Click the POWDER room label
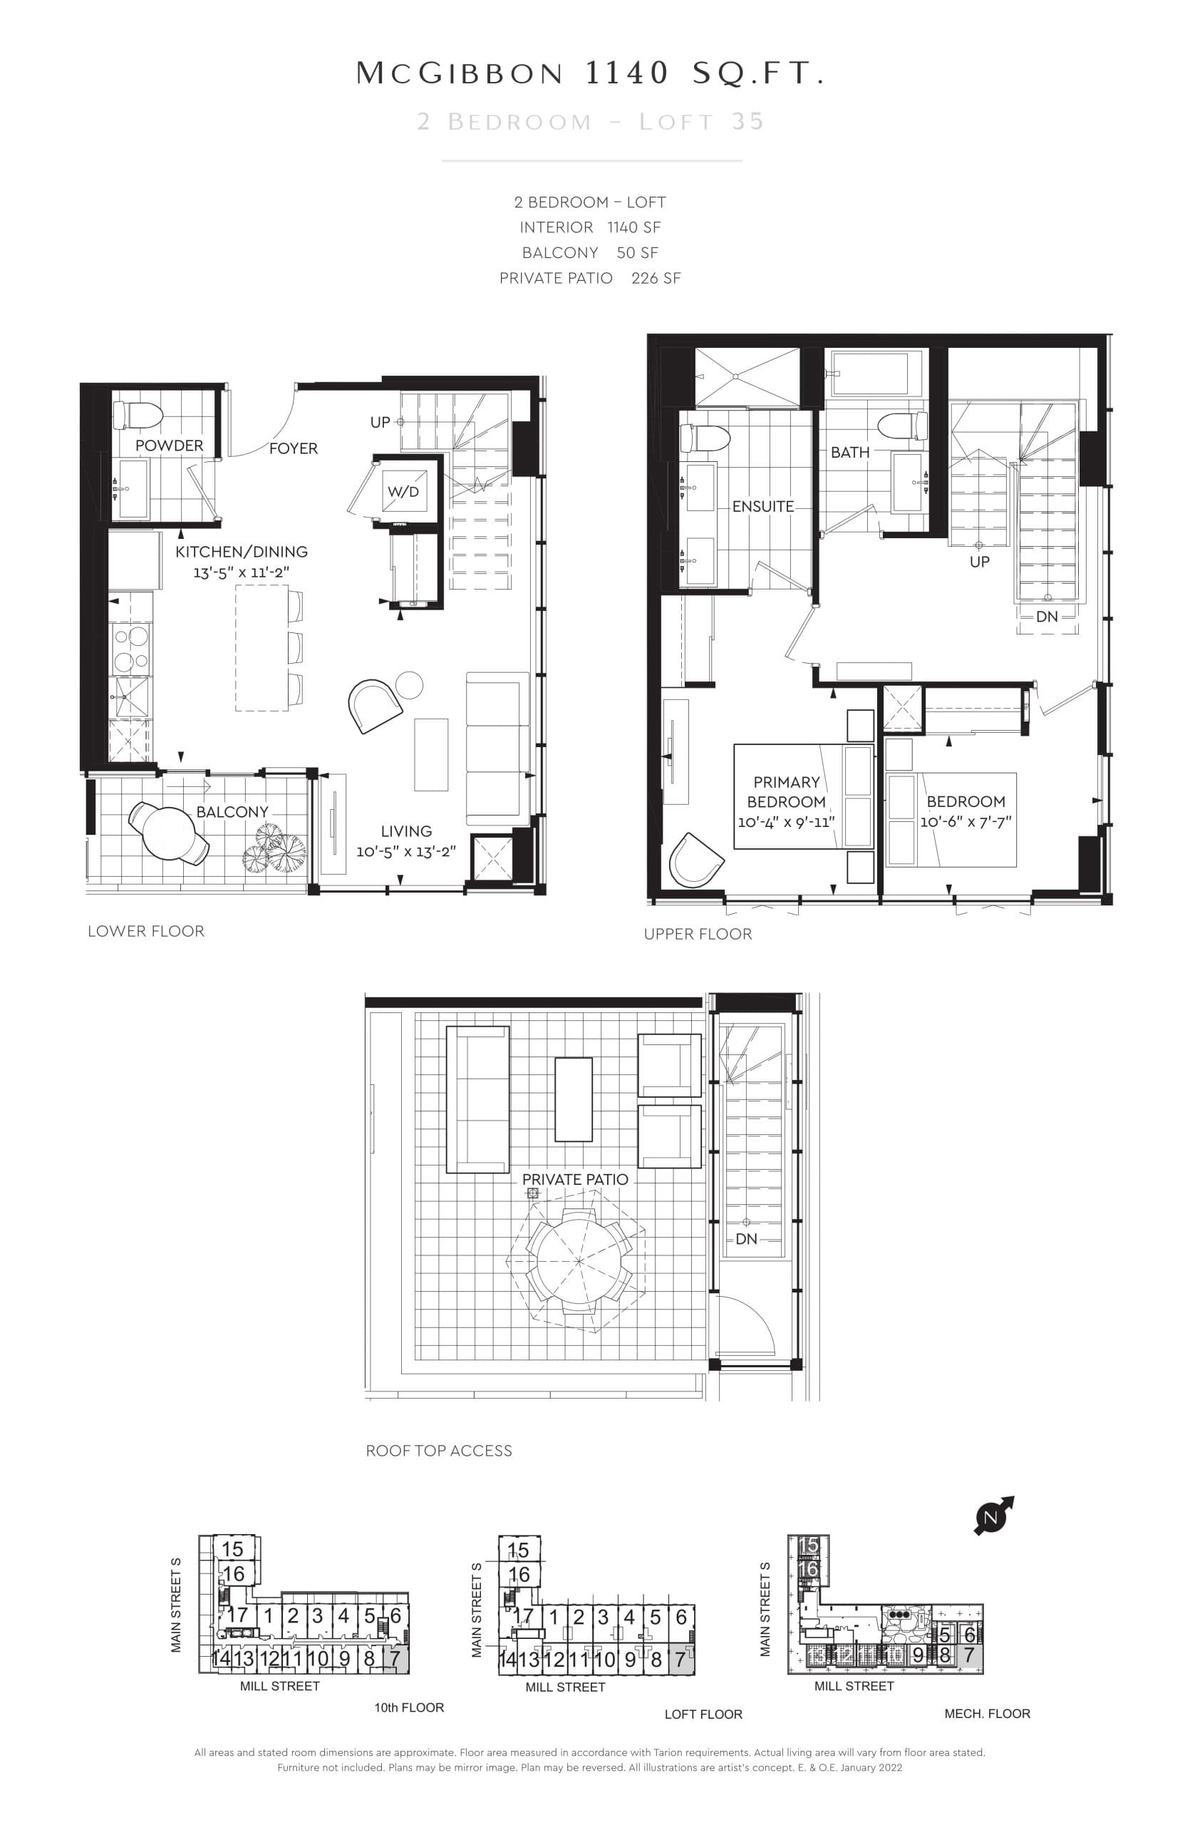point(170,446)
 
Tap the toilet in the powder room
point(138,416)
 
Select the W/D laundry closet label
point(403,491)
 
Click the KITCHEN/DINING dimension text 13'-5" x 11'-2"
point(242,572)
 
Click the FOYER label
point(293,448)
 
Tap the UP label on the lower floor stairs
point(380,422)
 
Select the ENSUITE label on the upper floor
point(762,507)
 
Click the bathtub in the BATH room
point(876,374)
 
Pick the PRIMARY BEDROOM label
point(786,792)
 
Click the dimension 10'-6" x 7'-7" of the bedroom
point(966,822)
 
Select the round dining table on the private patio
point(579,1261)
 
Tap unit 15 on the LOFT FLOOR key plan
point(519,1550)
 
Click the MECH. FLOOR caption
point(987,1713)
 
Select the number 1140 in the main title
point(627,73)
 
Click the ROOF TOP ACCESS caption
point(439,1450)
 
